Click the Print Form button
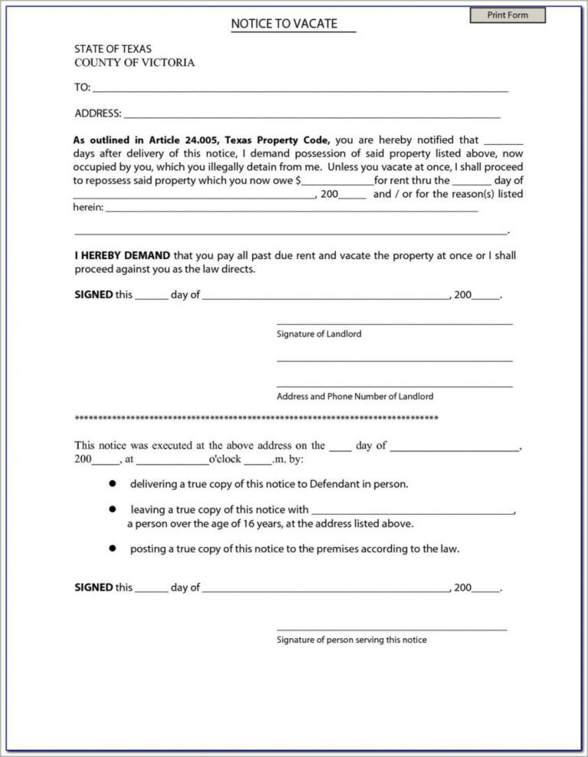[508, 15]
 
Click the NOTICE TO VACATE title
[284, 25]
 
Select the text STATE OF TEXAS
[113, 49]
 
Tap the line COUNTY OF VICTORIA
[134, 63]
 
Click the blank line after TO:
[299, 89]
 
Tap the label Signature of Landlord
[318, 334]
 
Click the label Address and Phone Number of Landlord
[354, 396]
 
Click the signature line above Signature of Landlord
[394, 324]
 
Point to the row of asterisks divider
[256, 418]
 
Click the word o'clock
[225, 460]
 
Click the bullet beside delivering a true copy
[112, 484]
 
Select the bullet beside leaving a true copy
[112, 509]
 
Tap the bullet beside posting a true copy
[112, 549]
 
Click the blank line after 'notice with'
[413, 511]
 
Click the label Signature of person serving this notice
[351, 640]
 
